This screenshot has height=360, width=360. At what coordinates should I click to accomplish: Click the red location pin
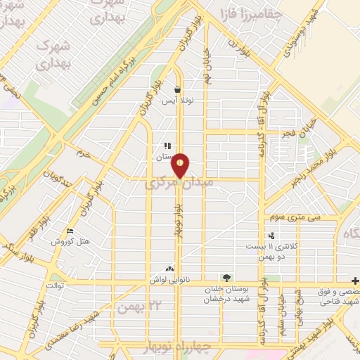181,165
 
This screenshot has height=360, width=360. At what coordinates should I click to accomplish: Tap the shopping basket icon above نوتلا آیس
176,89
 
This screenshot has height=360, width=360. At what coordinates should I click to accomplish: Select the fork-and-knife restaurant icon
167,146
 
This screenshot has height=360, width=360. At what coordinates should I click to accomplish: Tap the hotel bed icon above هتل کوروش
69,231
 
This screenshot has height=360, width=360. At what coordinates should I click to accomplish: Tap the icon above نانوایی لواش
169,269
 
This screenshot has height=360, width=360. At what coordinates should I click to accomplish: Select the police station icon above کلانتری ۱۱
271,236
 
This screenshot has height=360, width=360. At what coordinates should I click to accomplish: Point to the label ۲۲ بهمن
135,307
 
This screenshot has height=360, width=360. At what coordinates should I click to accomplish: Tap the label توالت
55,287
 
